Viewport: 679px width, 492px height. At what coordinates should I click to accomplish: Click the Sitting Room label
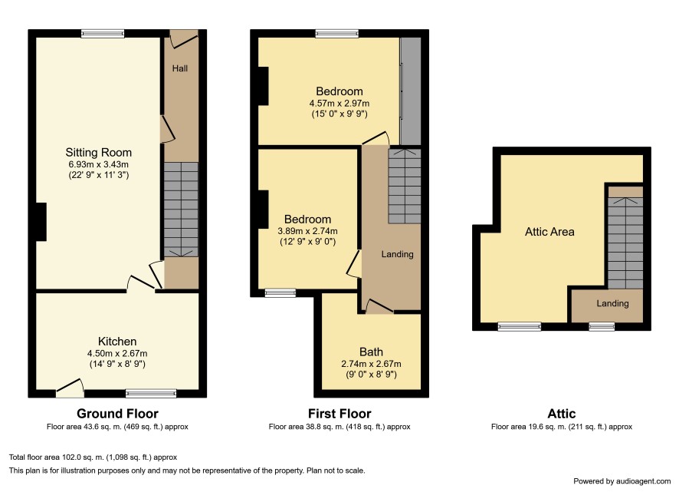[98, 153]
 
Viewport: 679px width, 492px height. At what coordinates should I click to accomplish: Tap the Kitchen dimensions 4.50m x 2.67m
[117, 353]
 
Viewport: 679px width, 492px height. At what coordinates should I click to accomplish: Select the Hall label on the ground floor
[179, 68]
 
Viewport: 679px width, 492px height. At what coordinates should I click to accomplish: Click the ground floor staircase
[181, 210]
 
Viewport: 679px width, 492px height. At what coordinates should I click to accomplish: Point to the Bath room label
[371, 352]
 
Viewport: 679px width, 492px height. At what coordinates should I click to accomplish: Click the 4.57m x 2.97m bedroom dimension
[339, 104]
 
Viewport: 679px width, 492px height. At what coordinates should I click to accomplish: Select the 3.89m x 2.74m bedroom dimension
[307, 231]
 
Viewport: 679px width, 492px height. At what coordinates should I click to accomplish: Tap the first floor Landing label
[397, 254]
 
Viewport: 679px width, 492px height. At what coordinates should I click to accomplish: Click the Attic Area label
[549, 232]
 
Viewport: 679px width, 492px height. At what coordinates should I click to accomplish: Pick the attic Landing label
[612, 303]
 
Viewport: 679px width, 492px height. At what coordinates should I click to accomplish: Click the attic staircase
[625, 243]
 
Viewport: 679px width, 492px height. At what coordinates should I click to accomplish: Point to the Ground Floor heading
[117, 414]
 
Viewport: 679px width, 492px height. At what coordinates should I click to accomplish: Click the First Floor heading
[339, 414]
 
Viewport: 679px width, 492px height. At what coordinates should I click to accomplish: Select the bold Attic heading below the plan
[562, 414]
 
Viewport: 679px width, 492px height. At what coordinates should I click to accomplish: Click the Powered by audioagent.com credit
[622, 481]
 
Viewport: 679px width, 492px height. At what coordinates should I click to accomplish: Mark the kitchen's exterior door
[70, 388]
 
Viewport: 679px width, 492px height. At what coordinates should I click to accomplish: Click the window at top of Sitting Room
[103, 34]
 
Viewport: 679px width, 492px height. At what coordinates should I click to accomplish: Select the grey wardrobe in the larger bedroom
[410, 91]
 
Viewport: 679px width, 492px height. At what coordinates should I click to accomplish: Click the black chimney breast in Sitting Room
[41, 222]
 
